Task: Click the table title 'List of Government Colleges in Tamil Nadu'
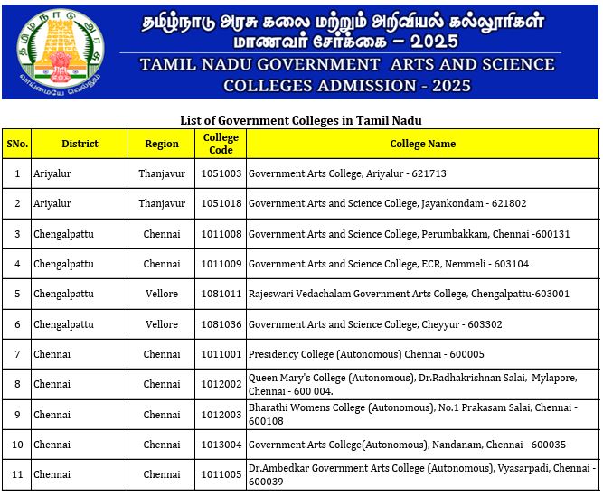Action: point(301,120)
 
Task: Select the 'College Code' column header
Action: point(221,144)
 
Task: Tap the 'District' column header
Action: point(80,144)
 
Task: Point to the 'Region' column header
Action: point(162,144)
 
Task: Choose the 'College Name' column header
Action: point(422,144)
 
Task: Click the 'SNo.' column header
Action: point(17,144)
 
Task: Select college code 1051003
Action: point(221,173)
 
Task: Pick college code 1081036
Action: point(221,324)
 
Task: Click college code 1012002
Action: point(221,384)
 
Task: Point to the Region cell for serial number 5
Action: point(162,294)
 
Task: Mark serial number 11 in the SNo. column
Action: point(17,474)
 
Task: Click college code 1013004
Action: point(221,445)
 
